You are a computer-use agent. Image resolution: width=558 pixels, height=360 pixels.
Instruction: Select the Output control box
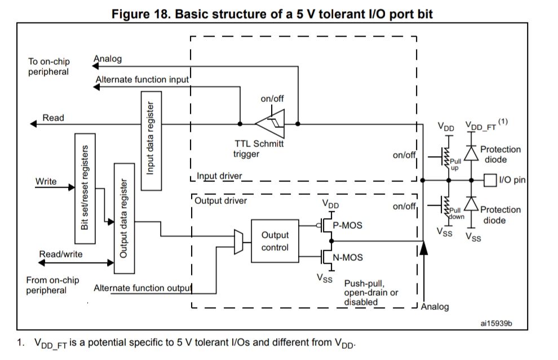point(275,241)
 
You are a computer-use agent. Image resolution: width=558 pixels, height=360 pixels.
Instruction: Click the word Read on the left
point(54,118)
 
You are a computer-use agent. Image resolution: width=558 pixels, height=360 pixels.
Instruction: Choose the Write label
point(46,181)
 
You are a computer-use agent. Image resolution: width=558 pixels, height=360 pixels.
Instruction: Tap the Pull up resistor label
point(455,164)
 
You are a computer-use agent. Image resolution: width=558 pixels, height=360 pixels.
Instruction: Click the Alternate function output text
point(143,288)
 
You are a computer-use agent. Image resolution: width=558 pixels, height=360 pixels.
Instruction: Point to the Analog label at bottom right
point(435,306)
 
